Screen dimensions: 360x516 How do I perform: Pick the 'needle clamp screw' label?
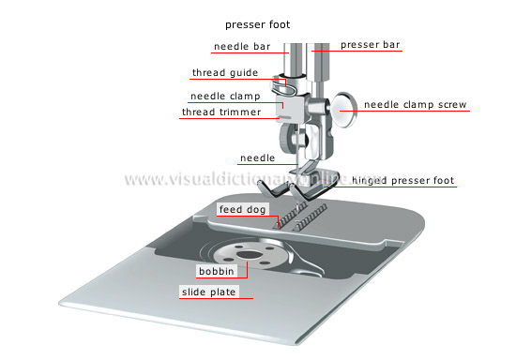(x=414, y=104)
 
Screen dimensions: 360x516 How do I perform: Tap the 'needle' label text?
(x=257, y=158)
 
